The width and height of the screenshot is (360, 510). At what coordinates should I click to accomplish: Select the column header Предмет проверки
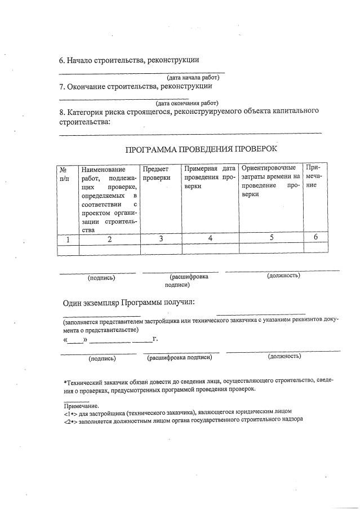156,173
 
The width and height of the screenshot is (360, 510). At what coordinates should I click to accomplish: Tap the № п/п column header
64,174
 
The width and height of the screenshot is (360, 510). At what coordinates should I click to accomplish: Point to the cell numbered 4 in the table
210,238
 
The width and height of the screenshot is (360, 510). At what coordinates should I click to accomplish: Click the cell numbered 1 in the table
68,239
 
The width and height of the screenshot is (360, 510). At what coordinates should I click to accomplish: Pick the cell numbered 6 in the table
315,237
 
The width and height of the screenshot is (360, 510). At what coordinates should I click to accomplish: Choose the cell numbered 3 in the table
161,239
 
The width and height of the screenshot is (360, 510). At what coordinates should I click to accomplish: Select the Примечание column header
313,176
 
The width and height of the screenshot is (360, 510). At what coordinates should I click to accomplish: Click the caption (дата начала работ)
192,77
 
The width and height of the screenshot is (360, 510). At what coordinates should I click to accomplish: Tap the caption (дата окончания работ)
187,103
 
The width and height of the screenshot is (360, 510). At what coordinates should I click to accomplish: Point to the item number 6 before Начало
61,60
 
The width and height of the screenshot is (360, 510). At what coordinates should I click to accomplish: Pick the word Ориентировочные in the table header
268,168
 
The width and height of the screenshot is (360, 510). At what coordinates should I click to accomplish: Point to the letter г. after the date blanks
154,339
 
